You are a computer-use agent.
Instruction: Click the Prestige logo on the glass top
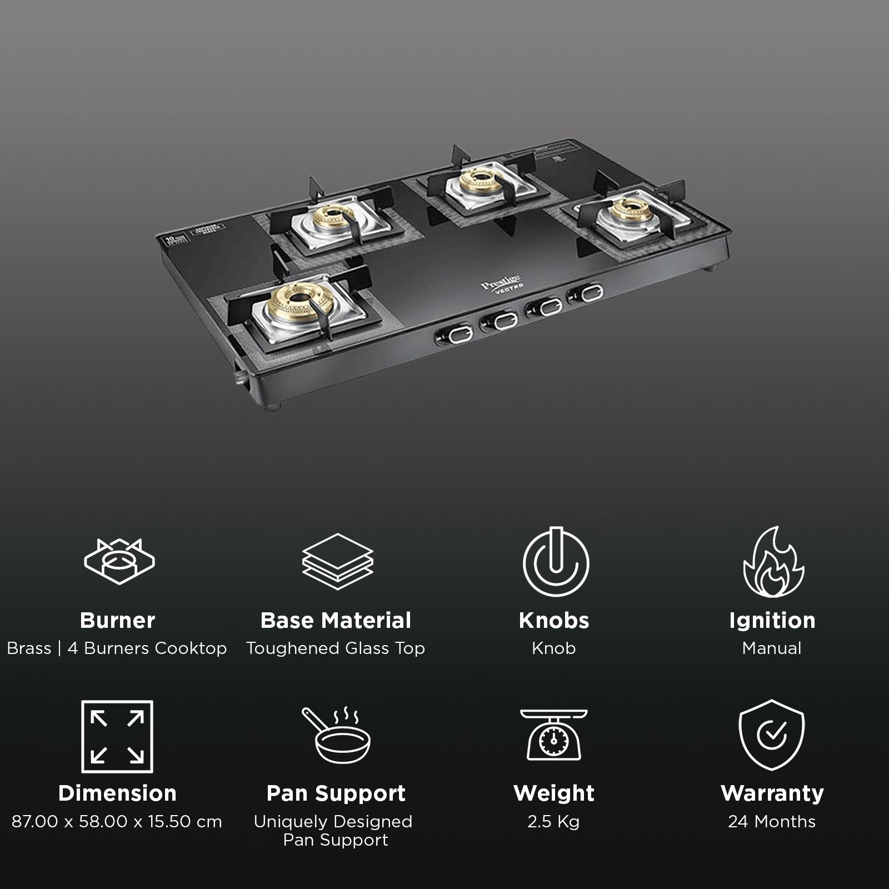(x=493, y=282)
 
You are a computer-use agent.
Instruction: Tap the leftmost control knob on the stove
(x=454, y=334)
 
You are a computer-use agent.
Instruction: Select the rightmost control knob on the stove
(x=586, y=293)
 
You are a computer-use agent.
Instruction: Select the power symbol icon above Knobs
(x=555, y=561)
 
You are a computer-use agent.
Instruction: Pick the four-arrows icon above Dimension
(x=117, y=736)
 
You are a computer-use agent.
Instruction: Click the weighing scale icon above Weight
(x=553, y=735)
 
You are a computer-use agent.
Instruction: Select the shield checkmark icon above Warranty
(x=772, y=735)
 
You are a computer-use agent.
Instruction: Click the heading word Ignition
(x=772, y=620)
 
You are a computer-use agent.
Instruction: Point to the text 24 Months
(x=772, y=821)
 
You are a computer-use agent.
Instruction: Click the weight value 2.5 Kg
(x=553, y=821)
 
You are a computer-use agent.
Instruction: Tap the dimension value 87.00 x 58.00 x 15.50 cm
(x=117, y=821)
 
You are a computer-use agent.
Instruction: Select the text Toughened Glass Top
(x=336, y=648)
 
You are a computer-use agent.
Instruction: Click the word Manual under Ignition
(x=772, y=648)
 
